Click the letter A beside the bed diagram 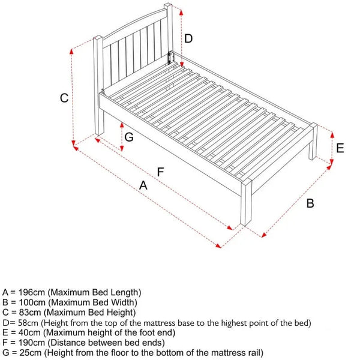click(x=143, y=186)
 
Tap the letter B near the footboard click(x=310, y=203)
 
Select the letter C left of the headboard click(x=64, y=98)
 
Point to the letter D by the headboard click(x=188, y=39)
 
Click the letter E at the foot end click(x=340, y=148)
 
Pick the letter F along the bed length click(x=160, y=172)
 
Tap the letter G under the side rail click(x=128, y=136)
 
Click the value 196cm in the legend click(x=31, y=292)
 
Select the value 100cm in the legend click(x=31, y=302)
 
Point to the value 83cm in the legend click(x=28, y=312)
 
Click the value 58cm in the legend click(x=28, y=322)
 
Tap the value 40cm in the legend click(x=28, y=332)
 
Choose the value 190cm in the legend click(x=30, y=342)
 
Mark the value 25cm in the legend click(x=28, y=352)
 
